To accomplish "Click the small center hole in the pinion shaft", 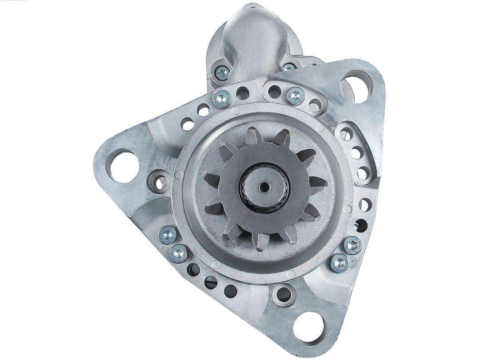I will [265, 186].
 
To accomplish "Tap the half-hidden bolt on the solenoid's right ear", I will [289, 68].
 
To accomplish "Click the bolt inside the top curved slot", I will [294, 95].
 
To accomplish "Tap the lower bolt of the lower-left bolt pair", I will [179, 253].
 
